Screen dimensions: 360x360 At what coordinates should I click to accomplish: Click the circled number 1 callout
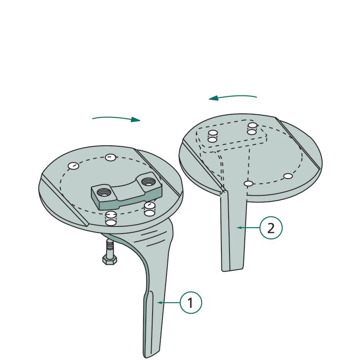191,302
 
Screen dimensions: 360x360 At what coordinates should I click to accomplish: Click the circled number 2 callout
271,228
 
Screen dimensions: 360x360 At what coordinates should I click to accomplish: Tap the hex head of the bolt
109,260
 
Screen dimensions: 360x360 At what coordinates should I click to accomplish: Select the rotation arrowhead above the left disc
136,120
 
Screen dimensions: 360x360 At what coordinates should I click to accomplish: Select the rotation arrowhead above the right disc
213,98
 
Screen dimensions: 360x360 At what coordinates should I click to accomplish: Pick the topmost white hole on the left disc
110,157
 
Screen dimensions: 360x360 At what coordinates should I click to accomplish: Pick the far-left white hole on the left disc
73,166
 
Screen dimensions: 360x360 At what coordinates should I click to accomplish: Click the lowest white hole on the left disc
111,222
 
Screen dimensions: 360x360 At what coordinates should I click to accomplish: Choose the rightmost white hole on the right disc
288,176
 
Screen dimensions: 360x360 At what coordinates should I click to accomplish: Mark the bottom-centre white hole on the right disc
248,184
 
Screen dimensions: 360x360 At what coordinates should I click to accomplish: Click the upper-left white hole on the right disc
212,133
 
